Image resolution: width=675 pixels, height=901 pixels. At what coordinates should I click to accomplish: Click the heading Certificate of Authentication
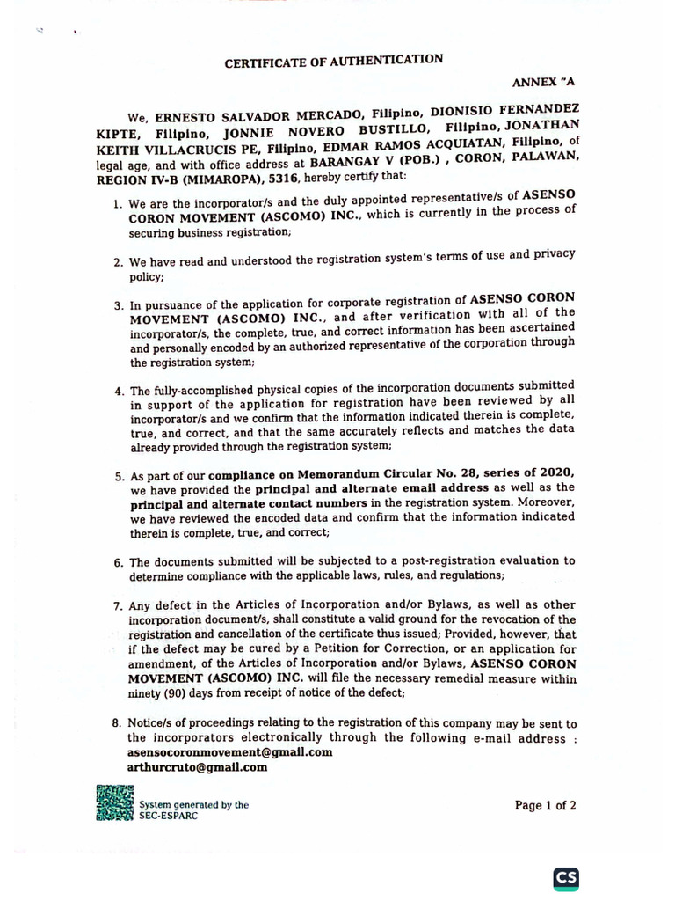coord(334,61)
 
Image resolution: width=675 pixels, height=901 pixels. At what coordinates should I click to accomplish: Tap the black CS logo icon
coord(566,877)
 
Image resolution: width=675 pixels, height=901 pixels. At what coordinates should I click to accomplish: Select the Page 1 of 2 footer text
coord(545,804)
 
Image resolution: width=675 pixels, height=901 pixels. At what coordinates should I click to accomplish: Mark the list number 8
coord(117,723)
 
